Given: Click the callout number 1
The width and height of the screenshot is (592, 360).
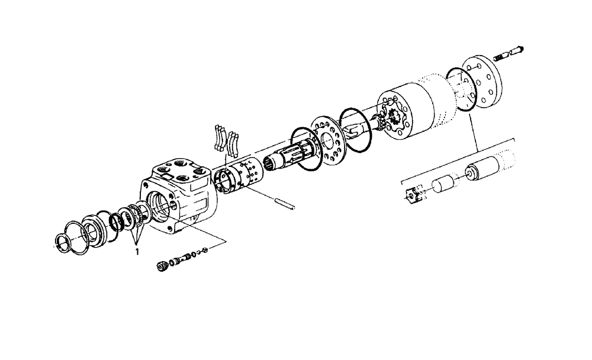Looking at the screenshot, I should pyautogui.click(x=138, y=250).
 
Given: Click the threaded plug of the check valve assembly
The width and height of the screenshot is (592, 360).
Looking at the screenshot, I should pyautogui.click(x=160, y=266).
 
